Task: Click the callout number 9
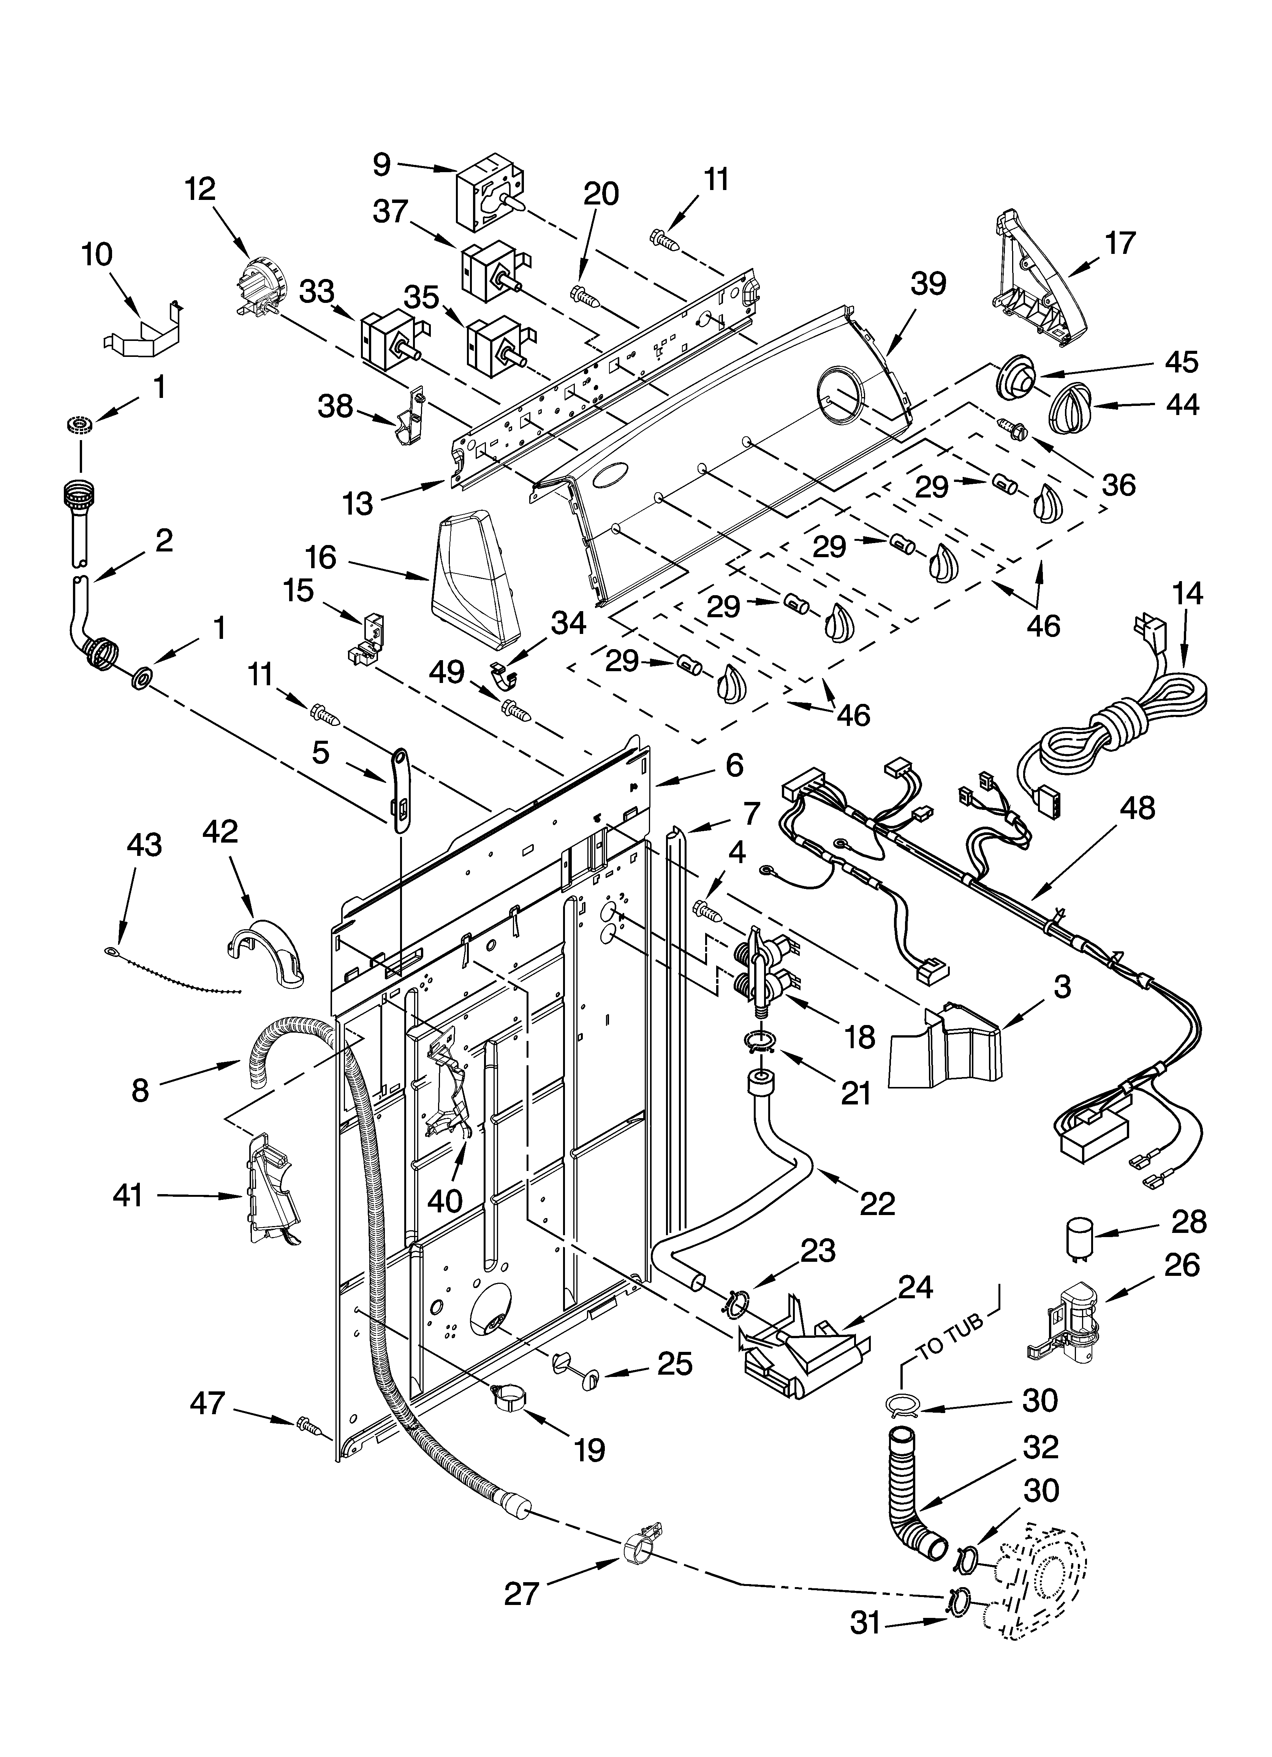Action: [x=382, y=164]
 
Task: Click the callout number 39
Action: [x=928, y=284]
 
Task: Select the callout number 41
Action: [x=128, y=1195]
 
